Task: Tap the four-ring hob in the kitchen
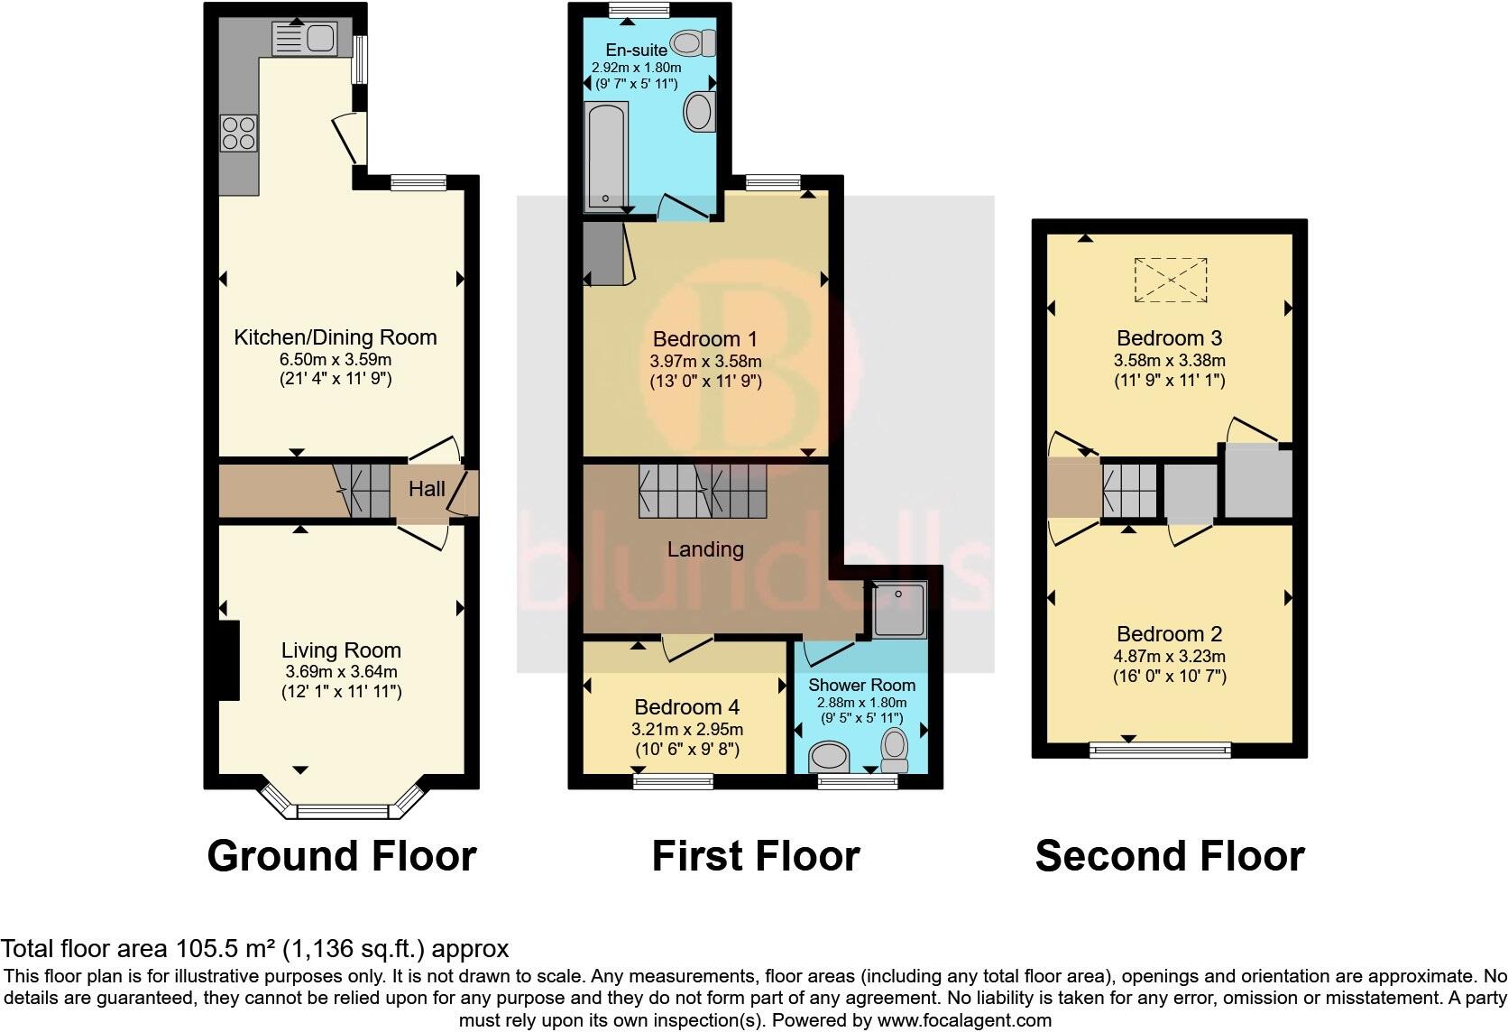(239, 134)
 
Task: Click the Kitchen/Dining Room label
(336, 337)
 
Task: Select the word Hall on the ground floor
(427, 489)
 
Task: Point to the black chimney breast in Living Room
(229, 660)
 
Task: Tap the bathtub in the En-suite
(604, 155)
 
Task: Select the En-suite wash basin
(700, 113)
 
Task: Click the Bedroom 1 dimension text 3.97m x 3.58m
(706, 362)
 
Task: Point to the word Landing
(705, 549)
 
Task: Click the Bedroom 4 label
(691, 707)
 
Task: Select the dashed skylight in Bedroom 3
(1170, 279)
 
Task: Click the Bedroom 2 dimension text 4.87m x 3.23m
(1170, 657)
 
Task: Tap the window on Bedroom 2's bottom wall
(1160, 749)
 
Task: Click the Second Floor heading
(1170, 856)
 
